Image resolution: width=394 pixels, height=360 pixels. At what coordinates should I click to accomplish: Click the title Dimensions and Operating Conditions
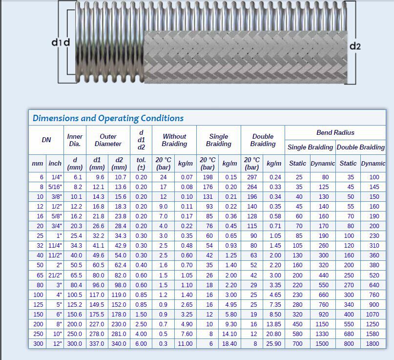pyautogui.click(x=108, y=118)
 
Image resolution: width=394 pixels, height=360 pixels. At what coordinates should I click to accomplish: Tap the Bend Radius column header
pyautogui.click(x=335, y=132)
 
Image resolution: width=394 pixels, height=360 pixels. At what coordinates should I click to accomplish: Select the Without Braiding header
pyautogui.click(x=174, y=140)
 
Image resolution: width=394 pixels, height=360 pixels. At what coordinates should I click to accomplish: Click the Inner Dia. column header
pyautogui.click(x=75, y=140)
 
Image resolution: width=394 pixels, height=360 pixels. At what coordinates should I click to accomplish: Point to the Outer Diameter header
pyautogui.click(x=108, y=140)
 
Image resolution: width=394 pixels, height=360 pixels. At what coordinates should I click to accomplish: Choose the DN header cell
pyautogui.click(x=46, y=140)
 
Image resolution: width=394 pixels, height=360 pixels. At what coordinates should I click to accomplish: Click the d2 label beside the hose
pyautogui.click(x=355, y=46)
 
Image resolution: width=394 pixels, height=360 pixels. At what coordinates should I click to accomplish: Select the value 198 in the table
pyautogui.click(x=208, y=177)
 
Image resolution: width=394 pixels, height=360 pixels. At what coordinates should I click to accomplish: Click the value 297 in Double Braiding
pyautogui.click(x=251, y=177)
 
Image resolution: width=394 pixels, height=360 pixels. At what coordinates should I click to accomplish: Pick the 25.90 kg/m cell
pyautogui.click(x=274, y=344)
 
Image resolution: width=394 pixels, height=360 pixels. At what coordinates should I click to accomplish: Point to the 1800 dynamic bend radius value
pyautogui.click(x=373, y=344)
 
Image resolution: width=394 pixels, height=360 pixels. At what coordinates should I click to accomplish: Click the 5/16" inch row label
pyautogui.click(x=55, y=187)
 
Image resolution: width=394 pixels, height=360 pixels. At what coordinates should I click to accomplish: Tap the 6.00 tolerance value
pyautogui.click(x=141, y=344)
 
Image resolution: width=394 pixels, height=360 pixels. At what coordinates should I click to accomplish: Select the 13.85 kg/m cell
pyautogui.click(x=274, y=324)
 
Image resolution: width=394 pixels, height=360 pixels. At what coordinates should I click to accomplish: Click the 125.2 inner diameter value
pyautogui.click(x=75, y=305)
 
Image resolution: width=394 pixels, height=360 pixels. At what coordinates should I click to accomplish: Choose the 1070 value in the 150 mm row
pyautogui.click(x=373, y=315)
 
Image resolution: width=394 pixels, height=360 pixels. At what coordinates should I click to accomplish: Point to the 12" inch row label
pyautogui.click(x=56, y=344)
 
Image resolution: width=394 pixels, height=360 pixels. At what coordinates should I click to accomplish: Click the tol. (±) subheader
pyautogui.click(x=141, y=163)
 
